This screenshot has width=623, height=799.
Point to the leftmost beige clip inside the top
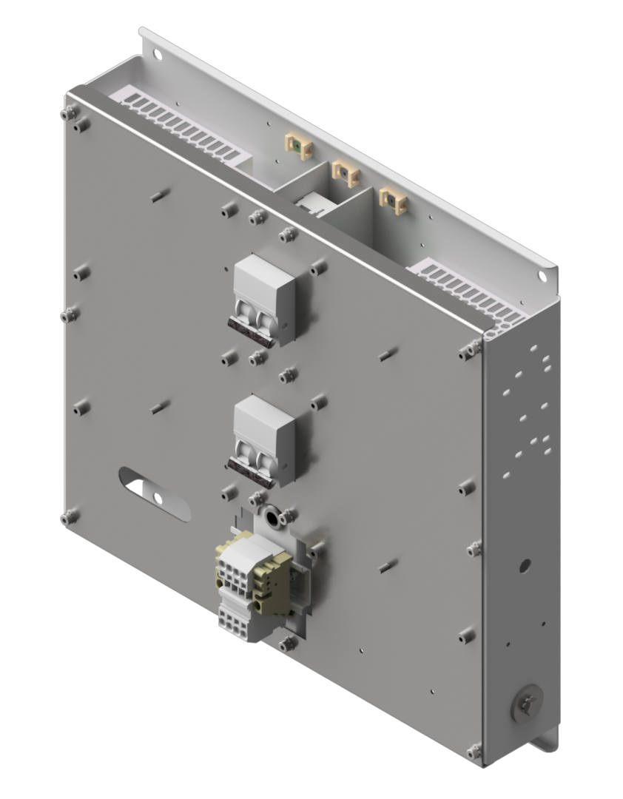coord(297,146)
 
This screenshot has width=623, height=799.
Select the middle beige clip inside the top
coord(344,174)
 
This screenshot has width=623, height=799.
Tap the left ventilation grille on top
coord(178,123)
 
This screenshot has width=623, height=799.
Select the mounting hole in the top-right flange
coord(542,276)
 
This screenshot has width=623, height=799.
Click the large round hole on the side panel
coord(525,566)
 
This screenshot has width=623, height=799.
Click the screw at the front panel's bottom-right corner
coord(472,752)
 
